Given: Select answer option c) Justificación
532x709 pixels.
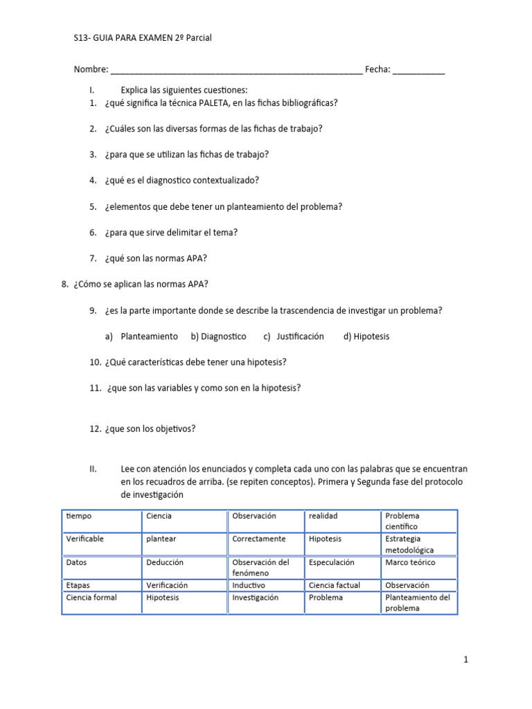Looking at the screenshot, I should pos(294,336).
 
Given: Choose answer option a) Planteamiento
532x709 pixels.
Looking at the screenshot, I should pos(142,336).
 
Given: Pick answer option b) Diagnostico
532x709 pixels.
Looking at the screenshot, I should pos(218,336).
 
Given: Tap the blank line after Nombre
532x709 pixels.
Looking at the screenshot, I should pos(236,70).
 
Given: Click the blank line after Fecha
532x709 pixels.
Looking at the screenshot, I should pos(418,70).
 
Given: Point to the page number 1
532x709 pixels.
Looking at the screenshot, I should pos(466,660).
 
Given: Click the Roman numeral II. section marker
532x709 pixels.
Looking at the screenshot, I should pos(94,469).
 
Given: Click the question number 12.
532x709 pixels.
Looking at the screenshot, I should pos(96,429).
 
